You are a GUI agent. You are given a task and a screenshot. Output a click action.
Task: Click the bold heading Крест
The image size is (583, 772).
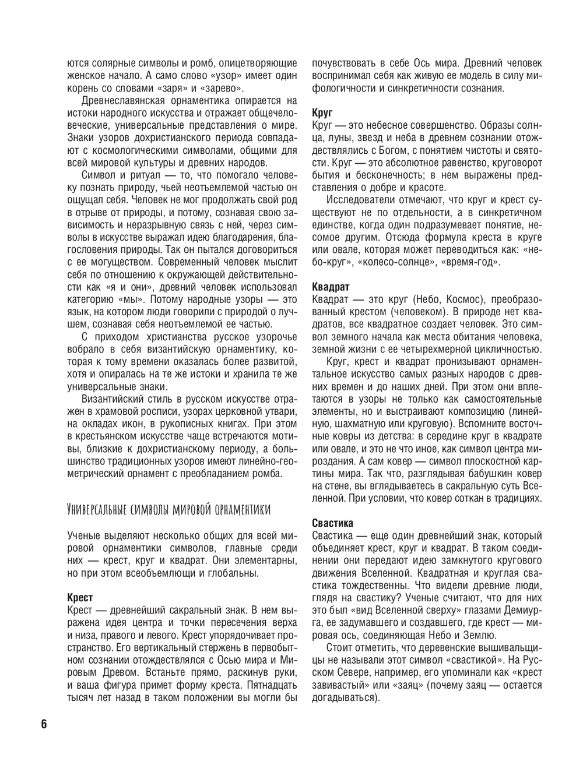click(x=80, y=597)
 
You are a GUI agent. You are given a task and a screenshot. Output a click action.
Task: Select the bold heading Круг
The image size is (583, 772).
click(x=322, y=113)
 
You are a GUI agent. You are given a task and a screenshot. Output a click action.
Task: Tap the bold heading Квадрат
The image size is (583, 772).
click(x=331, y=287)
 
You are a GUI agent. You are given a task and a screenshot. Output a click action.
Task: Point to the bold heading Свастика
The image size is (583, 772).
click(x=333, y=523)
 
